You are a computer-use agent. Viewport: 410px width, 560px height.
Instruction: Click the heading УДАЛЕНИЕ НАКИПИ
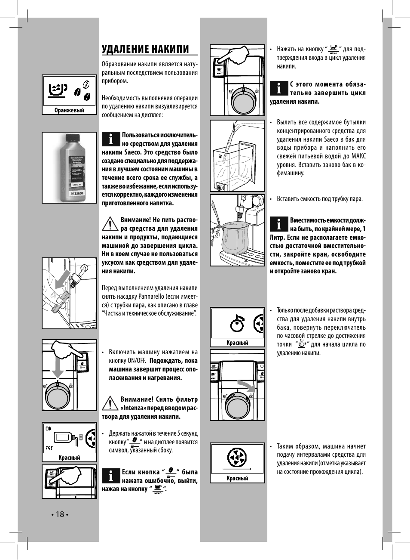(145, 49)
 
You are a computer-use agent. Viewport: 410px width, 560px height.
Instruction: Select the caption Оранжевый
(69, 111)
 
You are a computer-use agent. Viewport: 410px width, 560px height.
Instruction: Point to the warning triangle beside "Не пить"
(110, 224)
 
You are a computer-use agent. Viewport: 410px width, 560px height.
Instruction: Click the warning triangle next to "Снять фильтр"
(110, 403)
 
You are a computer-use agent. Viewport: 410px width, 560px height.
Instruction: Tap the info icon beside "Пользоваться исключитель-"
(110, 139)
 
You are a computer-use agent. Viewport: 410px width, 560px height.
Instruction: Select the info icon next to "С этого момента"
(278, 88)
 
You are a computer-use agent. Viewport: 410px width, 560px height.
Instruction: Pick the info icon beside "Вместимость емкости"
(278, 224)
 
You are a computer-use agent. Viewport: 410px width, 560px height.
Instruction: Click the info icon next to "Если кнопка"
(110, 476)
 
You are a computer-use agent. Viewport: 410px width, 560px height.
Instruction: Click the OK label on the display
(49, 429)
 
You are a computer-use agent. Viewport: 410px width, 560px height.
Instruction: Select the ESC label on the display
(49, 448)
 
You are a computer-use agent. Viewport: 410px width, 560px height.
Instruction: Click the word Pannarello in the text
(152, 297)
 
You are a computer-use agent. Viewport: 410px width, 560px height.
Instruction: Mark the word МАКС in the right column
(358, 156)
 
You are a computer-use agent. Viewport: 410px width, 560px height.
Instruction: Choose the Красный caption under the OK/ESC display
(69, 458)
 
